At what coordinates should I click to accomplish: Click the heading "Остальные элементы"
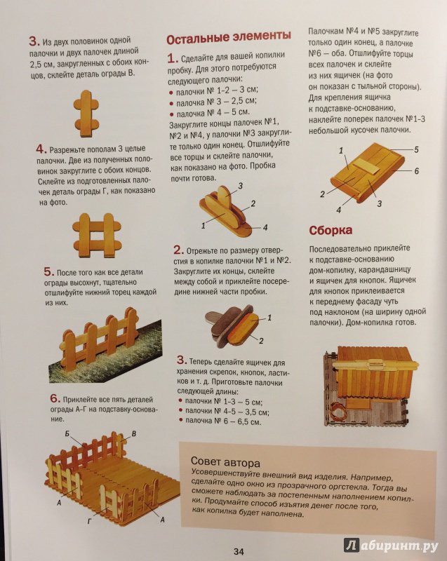[228, 36]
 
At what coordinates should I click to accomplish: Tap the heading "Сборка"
[331, 230]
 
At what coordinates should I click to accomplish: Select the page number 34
[239, 551]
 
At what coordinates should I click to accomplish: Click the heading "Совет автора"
[225, 463]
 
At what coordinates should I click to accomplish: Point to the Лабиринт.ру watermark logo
[391, 546]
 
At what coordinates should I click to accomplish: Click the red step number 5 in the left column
[48, 272]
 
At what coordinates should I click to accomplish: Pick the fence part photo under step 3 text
[86, 114]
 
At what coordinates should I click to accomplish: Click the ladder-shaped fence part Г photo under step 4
[97, 236]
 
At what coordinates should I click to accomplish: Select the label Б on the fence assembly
[67, 434]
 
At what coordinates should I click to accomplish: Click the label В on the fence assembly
[134, 434]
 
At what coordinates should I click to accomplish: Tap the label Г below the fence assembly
[90, 522]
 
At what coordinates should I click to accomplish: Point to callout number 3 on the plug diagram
[241, 186]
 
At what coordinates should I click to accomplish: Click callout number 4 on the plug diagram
[265, 227]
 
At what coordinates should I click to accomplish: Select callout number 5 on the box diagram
[416, 149]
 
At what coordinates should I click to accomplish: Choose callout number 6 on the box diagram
[416, 171]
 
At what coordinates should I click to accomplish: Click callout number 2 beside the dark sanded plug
[261, 341]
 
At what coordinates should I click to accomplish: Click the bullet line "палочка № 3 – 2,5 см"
[213, 102]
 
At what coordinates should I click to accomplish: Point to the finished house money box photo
[371, 386]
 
